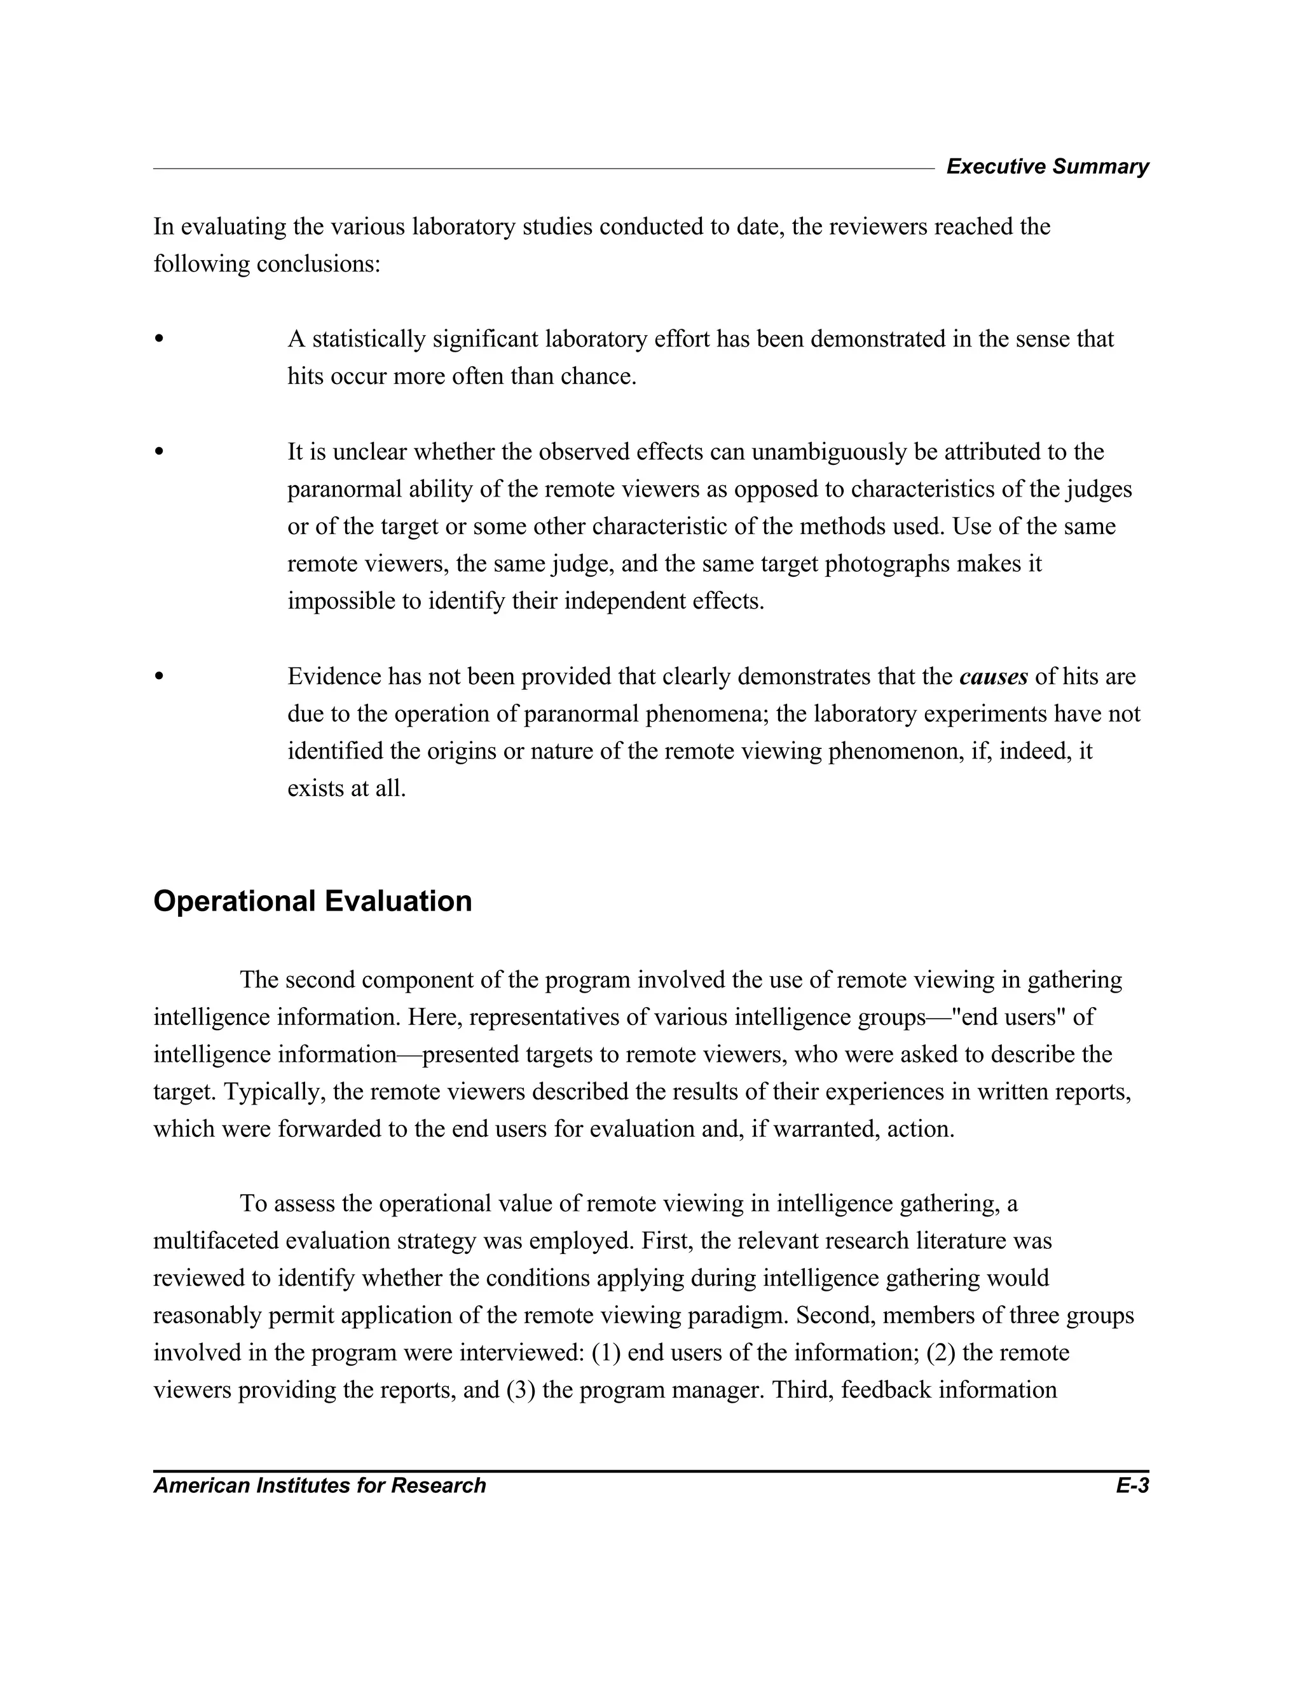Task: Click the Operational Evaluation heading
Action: [x=312, y=901]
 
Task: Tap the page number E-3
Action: [x=1132, y=1485]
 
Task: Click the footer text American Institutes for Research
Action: [x=319, y=1485]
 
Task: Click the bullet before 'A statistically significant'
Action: [x=160, y=339]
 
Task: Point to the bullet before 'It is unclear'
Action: [x=160, y=451]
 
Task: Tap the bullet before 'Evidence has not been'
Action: [x=160, y=677]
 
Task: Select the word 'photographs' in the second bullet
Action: [x=887, y=564]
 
